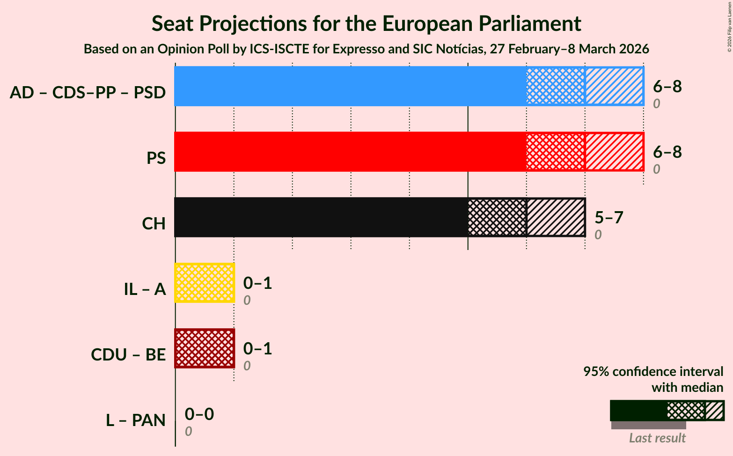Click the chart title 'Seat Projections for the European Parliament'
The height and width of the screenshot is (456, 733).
(366, 23)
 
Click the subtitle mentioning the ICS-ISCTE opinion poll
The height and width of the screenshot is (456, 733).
(366, 49)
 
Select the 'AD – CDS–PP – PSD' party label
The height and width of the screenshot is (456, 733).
(88, 93)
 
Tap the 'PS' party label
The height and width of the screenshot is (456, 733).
(156, 158)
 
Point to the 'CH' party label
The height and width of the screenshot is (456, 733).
(154, 224)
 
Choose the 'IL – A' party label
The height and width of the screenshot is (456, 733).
(145, 289)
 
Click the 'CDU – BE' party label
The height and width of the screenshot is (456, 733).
(128, 355)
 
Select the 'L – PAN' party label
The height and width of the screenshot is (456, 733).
(136, 420)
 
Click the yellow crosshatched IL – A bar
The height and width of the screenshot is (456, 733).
(205, 283)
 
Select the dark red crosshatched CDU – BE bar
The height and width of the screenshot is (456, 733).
(205, 348)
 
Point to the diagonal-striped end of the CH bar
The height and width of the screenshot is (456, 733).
(556, 217)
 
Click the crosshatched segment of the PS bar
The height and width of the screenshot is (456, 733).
(556, 152)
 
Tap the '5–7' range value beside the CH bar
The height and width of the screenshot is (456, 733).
(609, 218)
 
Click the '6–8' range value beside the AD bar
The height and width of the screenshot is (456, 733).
(667, 87)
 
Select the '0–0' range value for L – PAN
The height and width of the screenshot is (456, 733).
(199, 414)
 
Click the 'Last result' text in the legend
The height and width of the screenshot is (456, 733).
(657, 438)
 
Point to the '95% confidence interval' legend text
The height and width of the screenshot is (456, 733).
(653, 372)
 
